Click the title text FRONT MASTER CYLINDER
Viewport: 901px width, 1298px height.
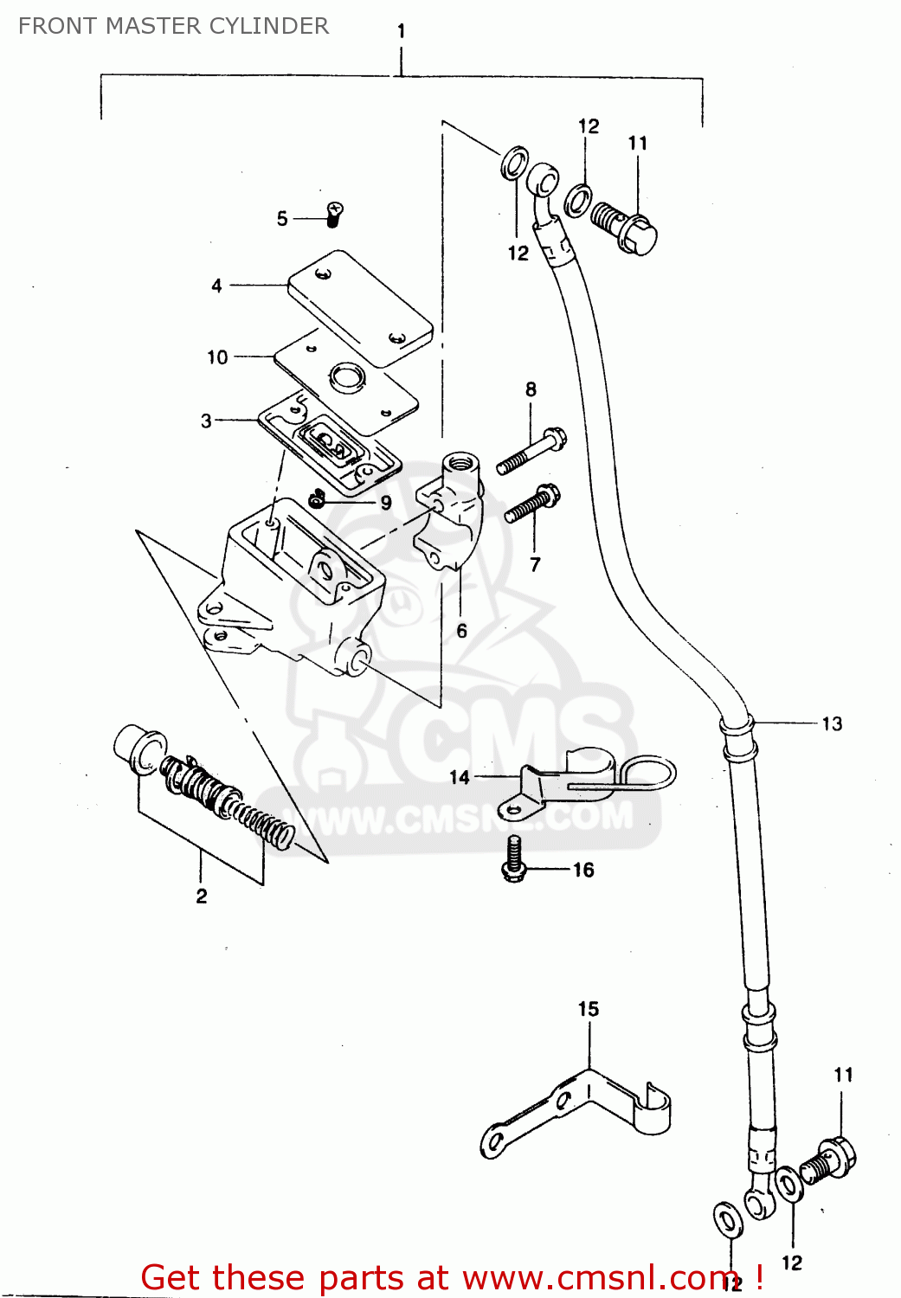point(173,26)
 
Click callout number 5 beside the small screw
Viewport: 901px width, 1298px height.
point(282,219)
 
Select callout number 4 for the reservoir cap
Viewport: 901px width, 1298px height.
point(216,286)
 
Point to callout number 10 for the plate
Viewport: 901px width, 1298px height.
point(217,357)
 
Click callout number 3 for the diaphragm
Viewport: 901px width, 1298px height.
point(206,421)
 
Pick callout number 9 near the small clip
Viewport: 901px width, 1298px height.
point(386,503)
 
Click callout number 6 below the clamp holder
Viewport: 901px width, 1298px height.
point(461,632)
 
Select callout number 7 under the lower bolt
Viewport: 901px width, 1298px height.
point(535,565)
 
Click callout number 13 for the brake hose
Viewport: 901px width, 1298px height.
point(832,724)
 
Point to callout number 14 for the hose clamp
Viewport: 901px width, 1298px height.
point(460,778)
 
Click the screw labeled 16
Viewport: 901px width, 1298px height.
point(514,859)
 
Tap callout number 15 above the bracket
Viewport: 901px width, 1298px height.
point(589,1009)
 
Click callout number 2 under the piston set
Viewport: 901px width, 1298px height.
point(202,896)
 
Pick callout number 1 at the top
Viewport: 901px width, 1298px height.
point(402,31)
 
